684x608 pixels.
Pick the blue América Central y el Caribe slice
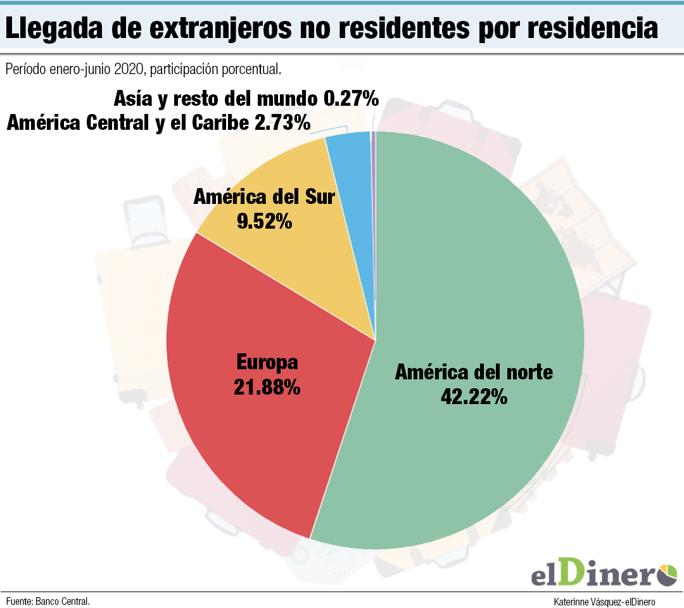(351, 190)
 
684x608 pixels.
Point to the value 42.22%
(474, 397)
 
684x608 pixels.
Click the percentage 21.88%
(267, 388)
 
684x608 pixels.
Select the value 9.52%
(263, 222)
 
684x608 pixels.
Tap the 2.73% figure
(282, 123)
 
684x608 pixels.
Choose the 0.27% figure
(351, 99)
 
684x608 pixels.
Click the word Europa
(267, 363)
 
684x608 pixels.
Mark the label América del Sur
(263, 197)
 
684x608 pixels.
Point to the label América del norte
(474, 372)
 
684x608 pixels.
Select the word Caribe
(213, 123)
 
